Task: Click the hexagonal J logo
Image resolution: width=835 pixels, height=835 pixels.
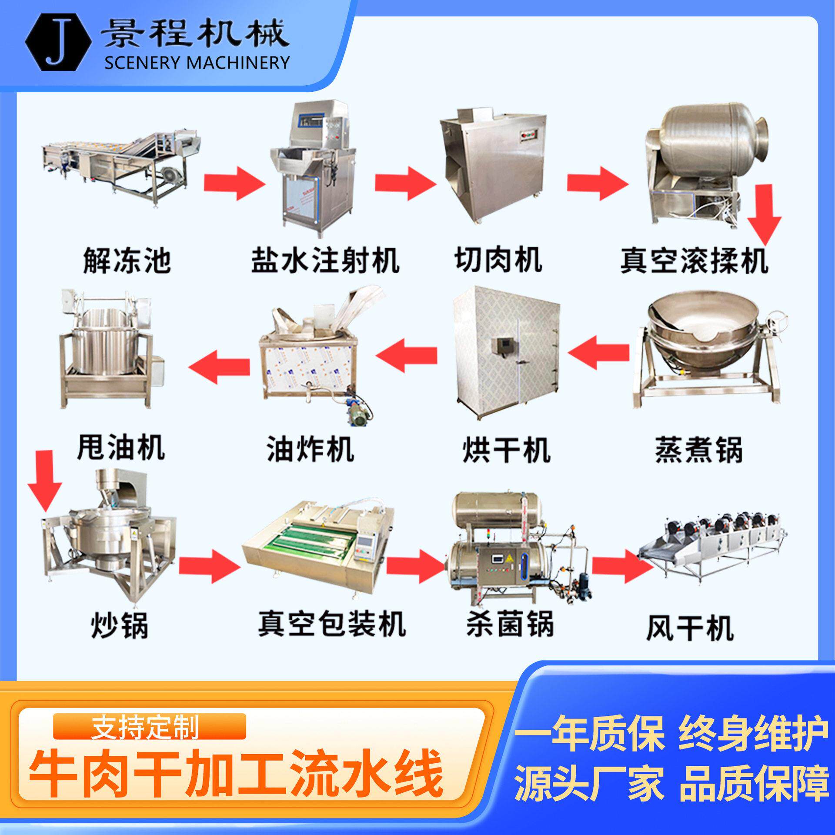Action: (58, 42)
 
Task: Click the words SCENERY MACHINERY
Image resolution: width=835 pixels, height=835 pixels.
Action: (197, 63)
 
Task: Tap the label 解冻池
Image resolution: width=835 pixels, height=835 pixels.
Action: (127, 261)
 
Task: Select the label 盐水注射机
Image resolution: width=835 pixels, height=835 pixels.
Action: (325, 261)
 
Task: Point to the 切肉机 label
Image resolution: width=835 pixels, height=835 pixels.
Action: (498, 260)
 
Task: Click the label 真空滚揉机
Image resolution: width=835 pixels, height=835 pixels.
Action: (694, 261)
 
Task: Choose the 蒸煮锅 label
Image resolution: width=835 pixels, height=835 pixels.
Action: (698, 450)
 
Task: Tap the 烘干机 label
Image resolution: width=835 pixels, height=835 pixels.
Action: (507, 450)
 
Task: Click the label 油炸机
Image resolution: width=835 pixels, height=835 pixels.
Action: (310, 449)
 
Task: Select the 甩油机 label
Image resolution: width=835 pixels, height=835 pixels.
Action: (121, 447)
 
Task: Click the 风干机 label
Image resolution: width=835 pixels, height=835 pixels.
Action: (690, 628)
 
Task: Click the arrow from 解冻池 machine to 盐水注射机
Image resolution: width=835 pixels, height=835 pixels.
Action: (234, 183)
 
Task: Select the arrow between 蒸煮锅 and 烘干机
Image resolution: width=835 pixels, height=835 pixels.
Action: (598, 353)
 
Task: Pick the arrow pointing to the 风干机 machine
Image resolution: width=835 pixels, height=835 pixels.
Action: (623, 566)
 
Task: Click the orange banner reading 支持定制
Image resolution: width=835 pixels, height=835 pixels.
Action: (149, 727)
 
